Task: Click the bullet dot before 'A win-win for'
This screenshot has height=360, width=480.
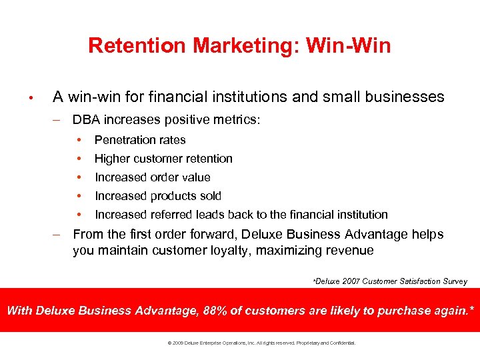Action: pos(31,98)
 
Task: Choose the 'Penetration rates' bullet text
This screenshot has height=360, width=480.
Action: pos(140,140)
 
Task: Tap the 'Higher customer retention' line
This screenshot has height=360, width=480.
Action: pos(163,159)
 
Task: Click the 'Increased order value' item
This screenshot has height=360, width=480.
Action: pos(152,177)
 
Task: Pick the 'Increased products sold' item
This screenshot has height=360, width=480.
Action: pos(158,196)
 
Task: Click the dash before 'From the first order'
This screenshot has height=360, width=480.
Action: pos(58,235)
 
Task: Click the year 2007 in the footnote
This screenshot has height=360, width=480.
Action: pos(353,281)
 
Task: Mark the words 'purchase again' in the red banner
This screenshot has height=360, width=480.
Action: pos(419,311)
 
